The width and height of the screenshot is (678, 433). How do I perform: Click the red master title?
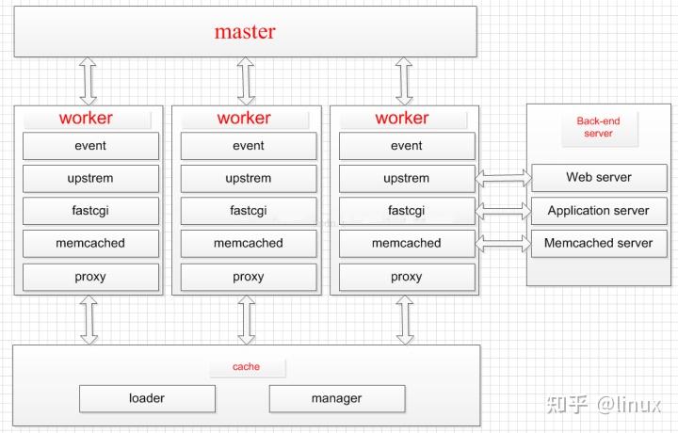click(x=245, y=31)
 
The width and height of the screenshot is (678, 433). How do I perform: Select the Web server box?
click(x=598, y=177)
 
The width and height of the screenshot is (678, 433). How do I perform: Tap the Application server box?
click(x=598, y=211)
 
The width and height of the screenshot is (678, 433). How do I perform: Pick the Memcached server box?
click(x=598, y=243)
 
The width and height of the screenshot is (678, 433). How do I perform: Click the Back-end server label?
click(x=598, y=127)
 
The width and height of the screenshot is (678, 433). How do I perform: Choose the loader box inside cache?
click(x=147, y=398)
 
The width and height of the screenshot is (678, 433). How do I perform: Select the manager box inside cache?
click(x=336, y=398)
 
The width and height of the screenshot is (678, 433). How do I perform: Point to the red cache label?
click(x=246, y=366)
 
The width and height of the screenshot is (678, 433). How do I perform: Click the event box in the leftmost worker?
click(x=90, y=146)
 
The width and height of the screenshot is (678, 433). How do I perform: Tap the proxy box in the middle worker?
click(x=249, y=277)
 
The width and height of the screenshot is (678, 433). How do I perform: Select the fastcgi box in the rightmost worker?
click(x=406, y=211)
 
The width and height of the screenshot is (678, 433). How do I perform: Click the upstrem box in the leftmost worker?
click(x=90, y=178)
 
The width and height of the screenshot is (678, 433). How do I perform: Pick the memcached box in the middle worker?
click(x=249, y=243)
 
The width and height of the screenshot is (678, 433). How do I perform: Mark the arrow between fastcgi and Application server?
click(x=504, y=209)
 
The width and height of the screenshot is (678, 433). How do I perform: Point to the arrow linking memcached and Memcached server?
click(x=504, y=242)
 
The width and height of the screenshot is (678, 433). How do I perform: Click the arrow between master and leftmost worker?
click(x=89, y=80)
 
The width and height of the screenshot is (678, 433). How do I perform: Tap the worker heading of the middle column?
click(x=244, y=118)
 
